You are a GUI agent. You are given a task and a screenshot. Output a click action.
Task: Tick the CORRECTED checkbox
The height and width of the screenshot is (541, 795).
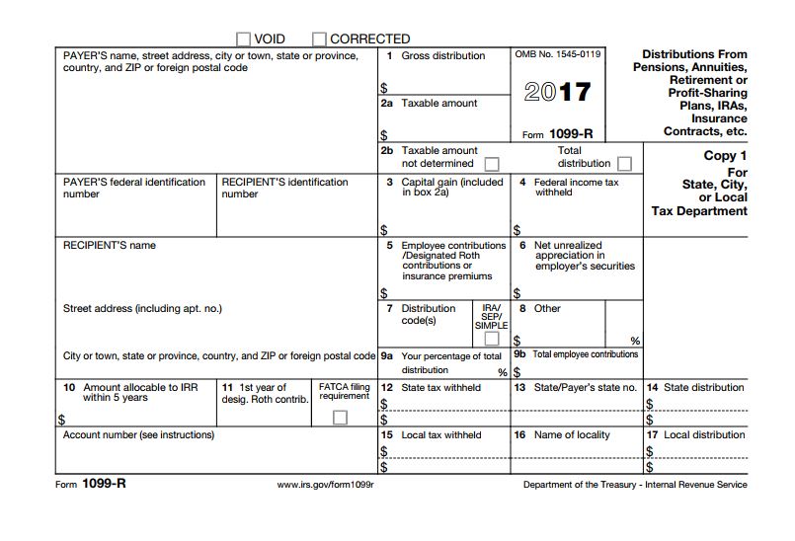319,39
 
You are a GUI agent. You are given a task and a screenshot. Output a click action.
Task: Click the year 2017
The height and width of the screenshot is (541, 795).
557,94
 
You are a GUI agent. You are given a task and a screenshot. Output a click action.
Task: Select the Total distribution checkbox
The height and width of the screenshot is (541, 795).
624,163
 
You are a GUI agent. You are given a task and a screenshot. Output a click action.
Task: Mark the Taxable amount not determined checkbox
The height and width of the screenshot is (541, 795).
491,163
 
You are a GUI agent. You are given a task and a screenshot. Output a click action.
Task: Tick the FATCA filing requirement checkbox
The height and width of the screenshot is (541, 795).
340,418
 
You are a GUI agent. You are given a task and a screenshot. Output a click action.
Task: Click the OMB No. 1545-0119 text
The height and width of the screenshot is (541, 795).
558,54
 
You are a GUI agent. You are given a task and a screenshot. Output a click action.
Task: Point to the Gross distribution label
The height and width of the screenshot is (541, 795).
442,56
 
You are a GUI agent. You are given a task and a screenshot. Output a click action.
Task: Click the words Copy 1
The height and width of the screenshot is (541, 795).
725,155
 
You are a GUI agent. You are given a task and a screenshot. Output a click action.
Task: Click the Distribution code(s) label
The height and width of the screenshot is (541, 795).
428,314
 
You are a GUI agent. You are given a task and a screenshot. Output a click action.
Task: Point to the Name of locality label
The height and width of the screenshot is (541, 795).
572,435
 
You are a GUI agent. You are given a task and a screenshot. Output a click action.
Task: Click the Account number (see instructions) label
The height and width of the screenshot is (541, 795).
138,435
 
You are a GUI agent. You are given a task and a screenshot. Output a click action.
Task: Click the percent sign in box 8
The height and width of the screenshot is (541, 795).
635,341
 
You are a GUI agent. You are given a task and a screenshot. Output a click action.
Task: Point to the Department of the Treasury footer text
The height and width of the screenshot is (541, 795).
635,485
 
